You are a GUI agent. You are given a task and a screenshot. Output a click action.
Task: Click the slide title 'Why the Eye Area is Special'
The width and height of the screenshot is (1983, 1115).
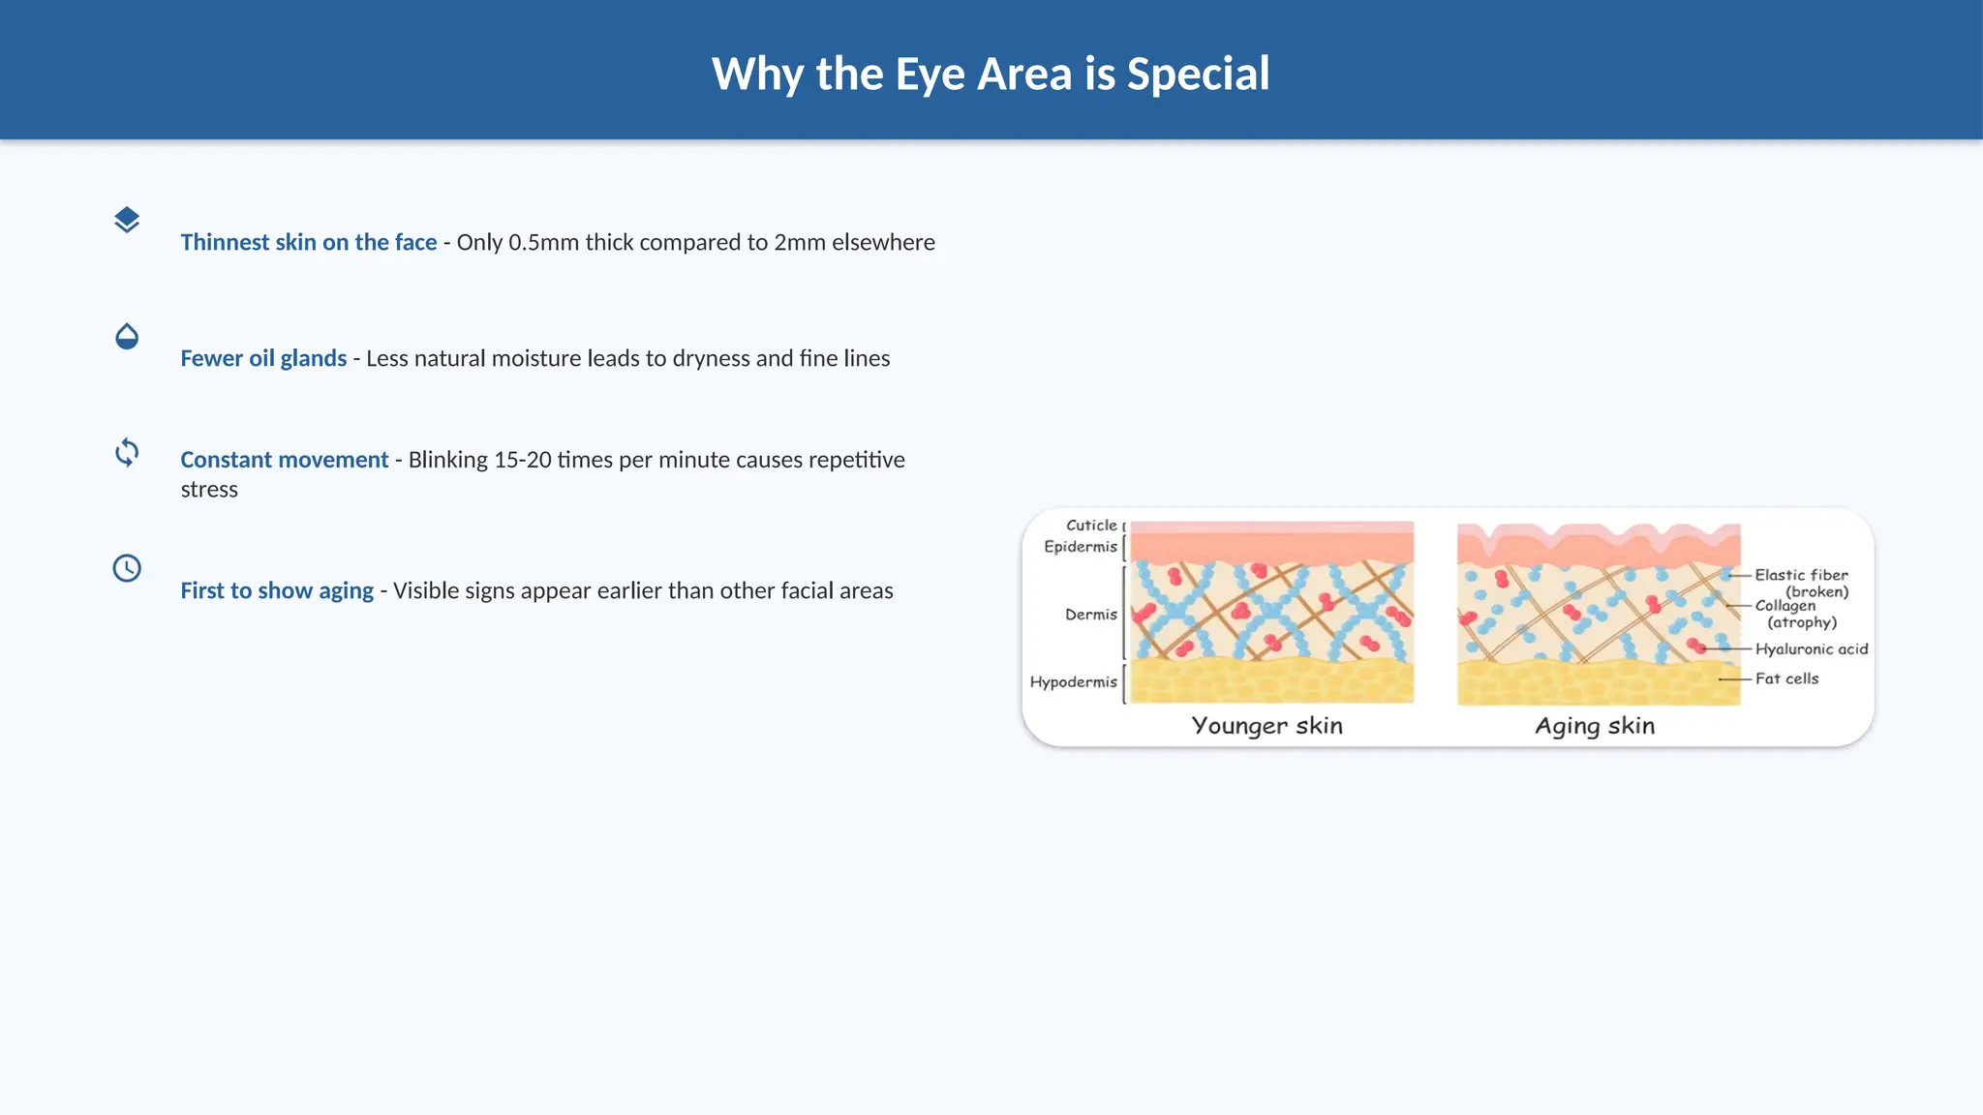[x=991, y=74]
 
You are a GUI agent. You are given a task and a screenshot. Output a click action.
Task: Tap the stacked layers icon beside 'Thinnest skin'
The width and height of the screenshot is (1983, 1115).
[x=127, y=221]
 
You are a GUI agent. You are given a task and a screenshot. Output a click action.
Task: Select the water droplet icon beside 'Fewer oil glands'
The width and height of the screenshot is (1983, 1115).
[x=127, y=337]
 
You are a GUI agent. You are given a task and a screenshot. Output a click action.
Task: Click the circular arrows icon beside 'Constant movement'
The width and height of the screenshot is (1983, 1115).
[x=127, y=452]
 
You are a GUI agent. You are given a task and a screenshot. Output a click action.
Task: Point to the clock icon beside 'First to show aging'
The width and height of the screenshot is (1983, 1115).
[x=127, y=568]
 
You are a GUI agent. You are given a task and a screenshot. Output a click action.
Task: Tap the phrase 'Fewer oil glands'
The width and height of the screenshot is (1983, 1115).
[x=263, y=358]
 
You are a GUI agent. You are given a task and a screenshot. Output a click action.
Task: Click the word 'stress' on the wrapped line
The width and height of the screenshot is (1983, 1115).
[x=209, y=490]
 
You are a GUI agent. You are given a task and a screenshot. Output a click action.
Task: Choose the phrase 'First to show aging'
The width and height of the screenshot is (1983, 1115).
[x=277, y=590]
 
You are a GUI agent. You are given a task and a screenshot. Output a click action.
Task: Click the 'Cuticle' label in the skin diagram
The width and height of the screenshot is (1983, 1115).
[x=1091, y=526]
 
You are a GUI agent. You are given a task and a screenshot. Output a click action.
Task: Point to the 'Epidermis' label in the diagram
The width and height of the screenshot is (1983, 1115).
[x=1081, y=547]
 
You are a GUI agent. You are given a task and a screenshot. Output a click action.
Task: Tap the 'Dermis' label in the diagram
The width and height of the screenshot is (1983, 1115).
[x=1091, y=615]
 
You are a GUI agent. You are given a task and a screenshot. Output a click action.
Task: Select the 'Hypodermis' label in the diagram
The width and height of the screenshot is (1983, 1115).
[x=1074, y=682]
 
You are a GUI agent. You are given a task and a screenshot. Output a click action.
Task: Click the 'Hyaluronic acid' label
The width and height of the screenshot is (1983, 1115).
[x=1812, y=649]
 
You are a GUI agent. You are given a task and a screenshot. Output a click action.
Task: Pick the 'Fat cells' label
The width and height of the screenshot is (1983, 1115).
[x=1786, y=678]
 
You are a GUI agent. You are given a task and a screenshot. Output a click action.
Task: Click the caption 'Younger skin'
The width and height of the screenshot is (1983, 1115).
[x=1266, y=726]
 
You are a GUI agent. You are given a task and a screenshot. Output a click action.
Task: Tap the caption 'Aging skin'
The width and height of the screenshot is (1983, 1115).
[x=1595, y=726]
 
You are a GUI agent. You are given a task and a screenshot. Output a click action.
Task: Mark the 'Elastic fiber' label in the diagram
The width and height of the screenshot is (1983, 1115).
[x=1801, y=575]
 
